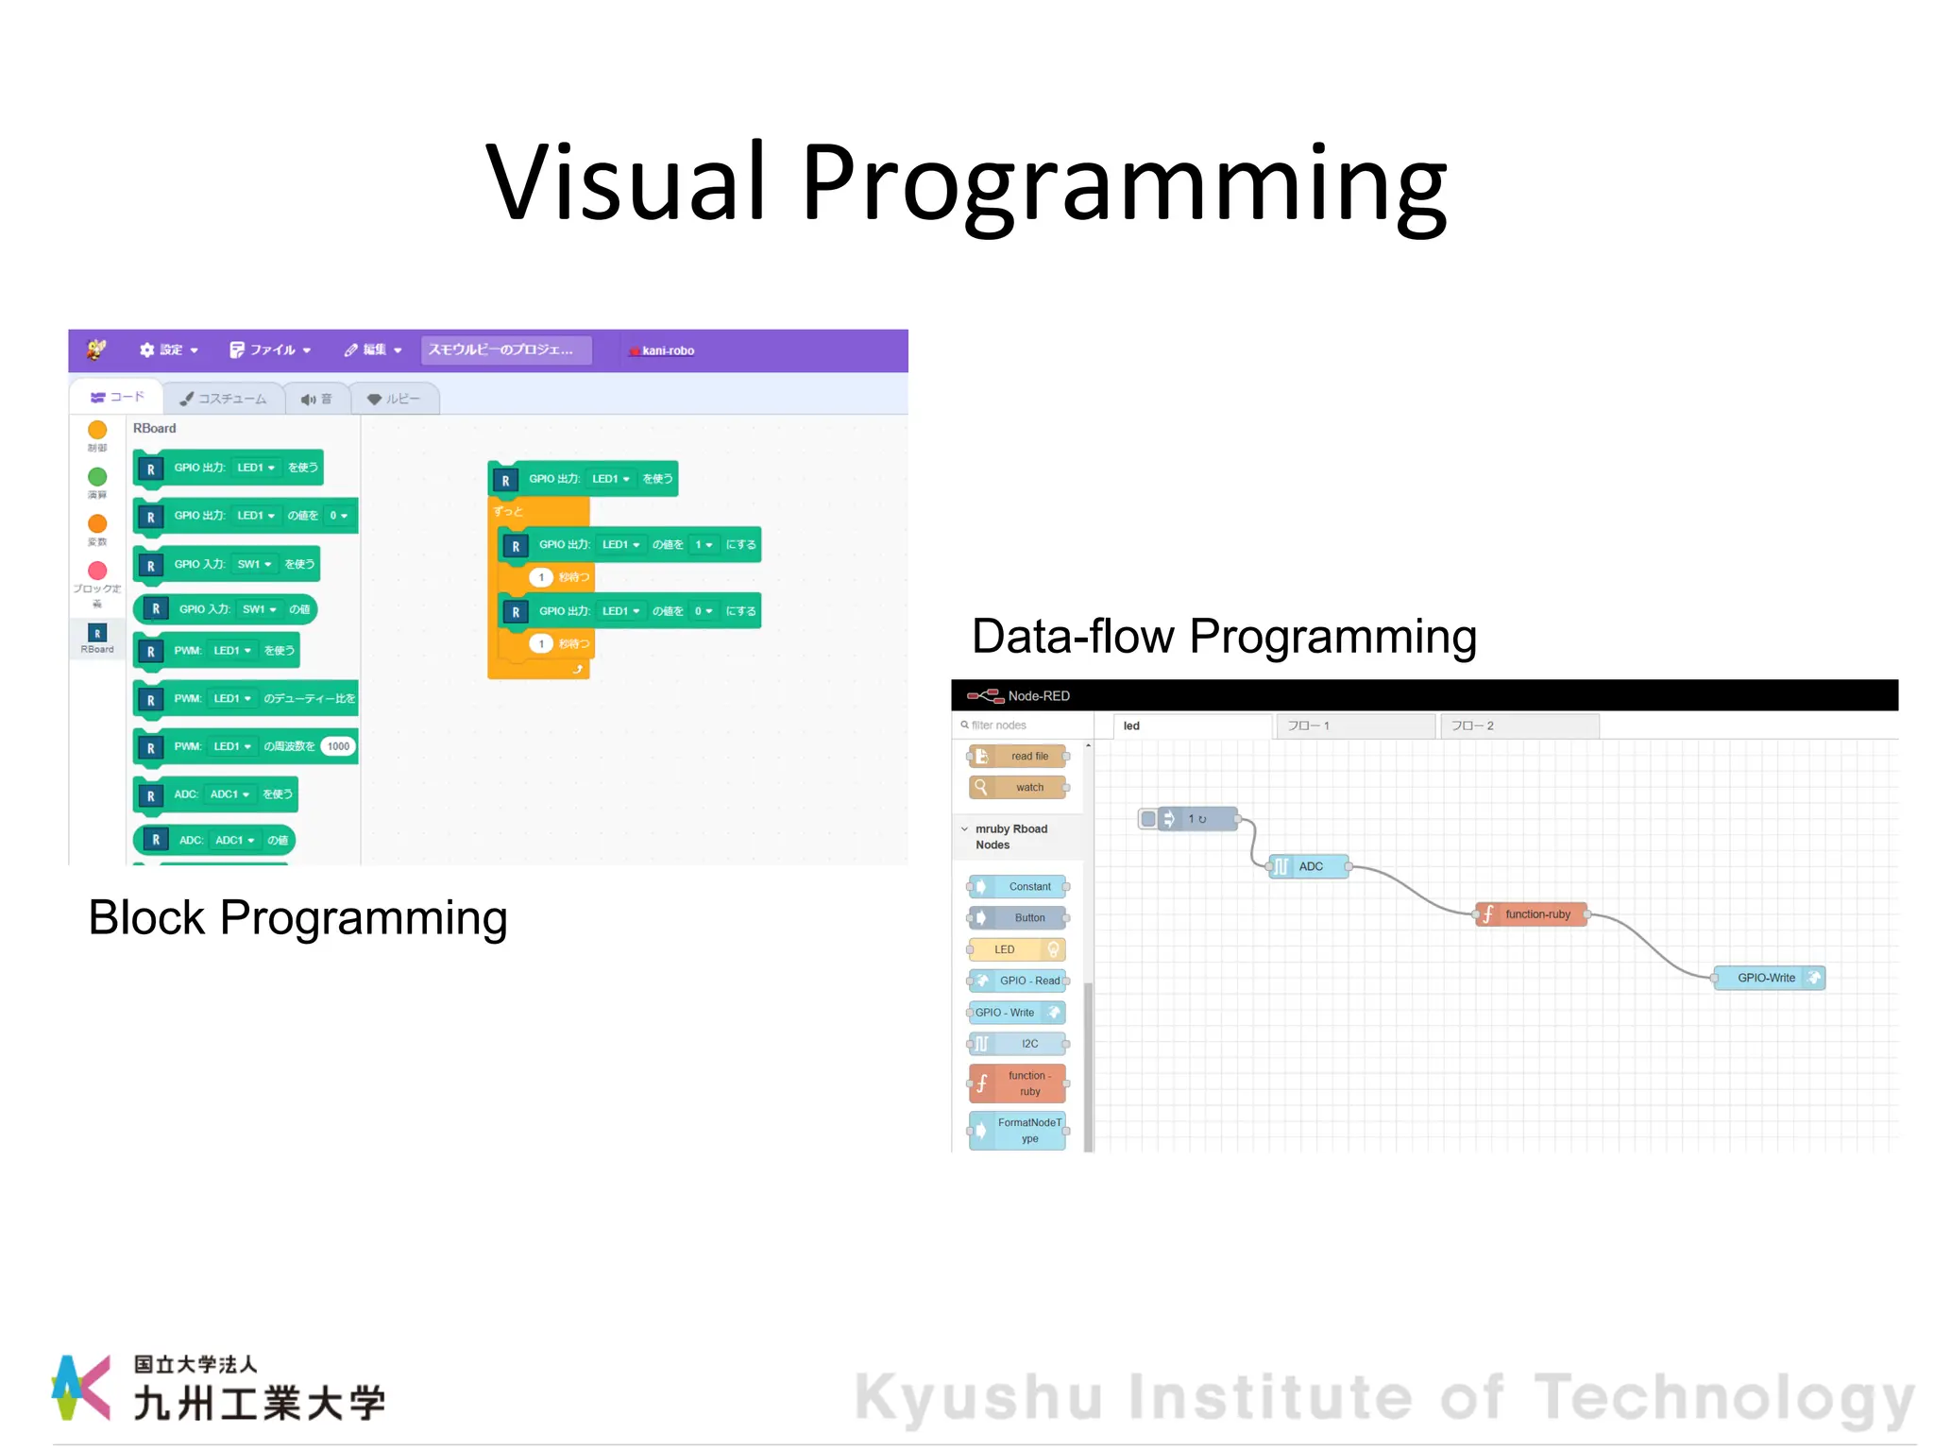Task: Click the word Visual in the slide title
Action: tap(624, 181)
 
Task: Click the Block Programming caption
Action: tap(297, 917)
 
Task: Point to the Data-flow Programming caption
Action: tap(1224, 636)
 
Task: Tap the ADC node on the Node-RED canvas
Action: tap(1308, 866)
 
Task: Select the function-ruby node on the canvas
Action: tap(1531, 913)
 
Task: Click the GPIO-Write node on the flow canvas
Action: tap(1769, 978)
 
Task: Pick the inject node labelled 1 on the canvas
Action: tap(1191, 819)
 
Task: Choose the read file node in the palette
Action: tap(1019, 756)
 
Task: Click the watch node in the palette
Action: tap(1019, 787)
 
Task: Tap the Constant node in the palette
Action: tap(1019, 886)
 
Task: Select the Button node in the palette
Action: tap(1019, 917)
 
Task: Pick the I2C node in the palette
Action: tap(1019, 1044)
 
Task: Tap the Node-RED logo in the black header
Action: tap(985, 696)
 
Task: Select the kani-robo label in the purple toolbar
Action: tap(667, 350)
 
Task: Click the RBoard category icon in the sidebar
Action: tap(97, 634)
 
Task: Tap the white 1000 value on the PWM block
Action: tap(338, 746)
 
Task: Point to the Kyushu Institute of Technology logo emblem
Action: tap(80, 1387)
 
